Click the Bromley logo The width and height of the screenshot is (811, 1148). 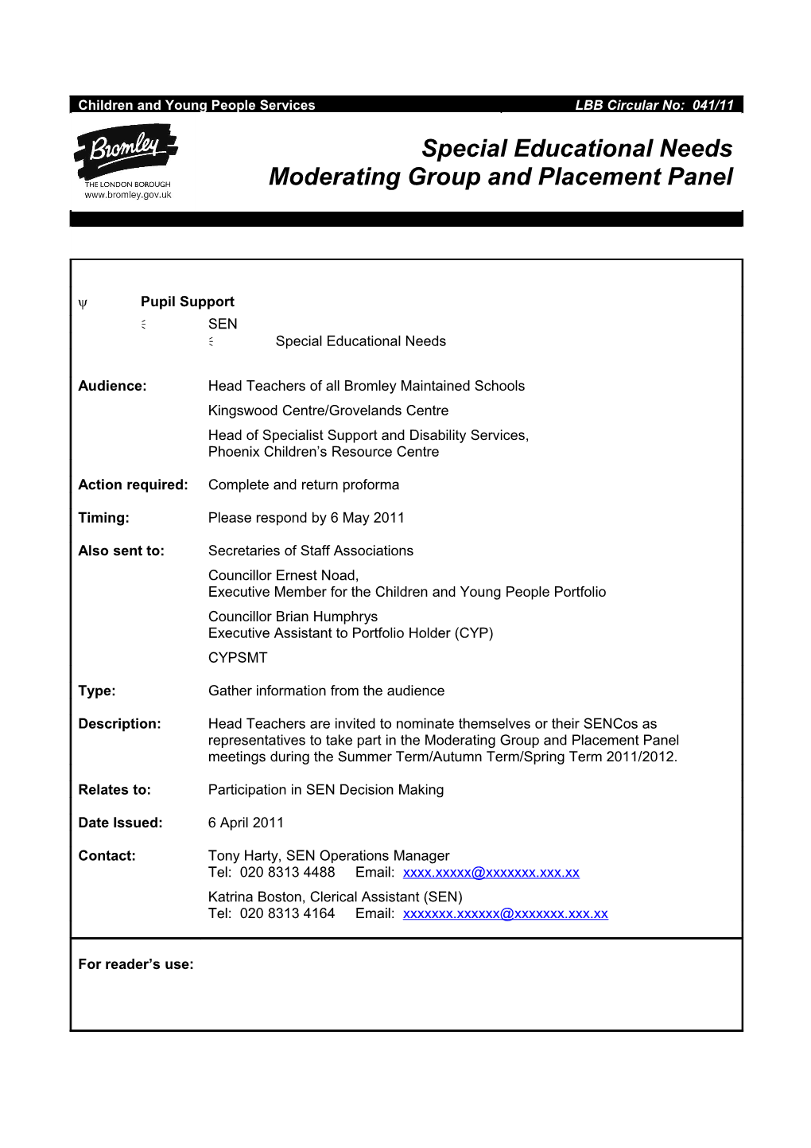pos(126,152)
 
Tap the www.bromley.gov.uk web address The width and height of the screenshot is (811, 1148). pos(128,195)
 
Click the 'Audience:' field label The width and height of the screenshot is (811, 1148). pos(112,386)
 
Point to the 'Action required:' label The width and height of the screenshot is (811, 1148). pos(133,484)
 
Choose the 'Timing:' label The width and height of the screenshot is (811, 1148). pos(103,518)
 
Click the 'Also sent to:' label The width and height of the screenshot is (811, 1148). pos(121,551)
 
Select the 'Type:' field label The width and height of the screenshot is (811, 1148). pos(97,691)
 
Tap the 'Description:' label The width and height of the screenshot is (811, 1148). pos(119,724)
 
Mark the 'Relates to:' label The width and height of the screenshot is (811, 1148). pos(114,790)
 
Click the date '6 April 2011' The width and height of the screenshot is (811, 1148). pos(246,823)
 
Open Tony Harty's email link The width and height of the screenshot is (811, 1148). pos(491,873)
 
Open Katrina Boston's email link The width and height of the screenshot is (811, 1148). pos(505,914)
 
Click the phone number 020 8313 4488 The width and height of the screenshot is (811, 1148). pos(287,873)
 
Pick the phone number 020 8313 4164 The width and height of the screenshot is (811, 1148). pos(287,914)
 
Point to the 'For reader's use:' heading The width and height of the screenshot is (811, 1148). pos(136,964)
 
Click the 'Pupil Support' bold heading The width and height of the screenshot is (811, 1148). pos(187,302)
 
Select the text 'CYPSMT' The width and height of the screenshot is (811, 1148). pos(238,658)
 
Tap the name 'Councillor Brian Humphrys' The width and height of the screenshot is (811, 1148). pos(293,617)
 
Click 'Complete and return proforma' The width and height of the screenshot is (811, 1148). pos(304,484)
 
